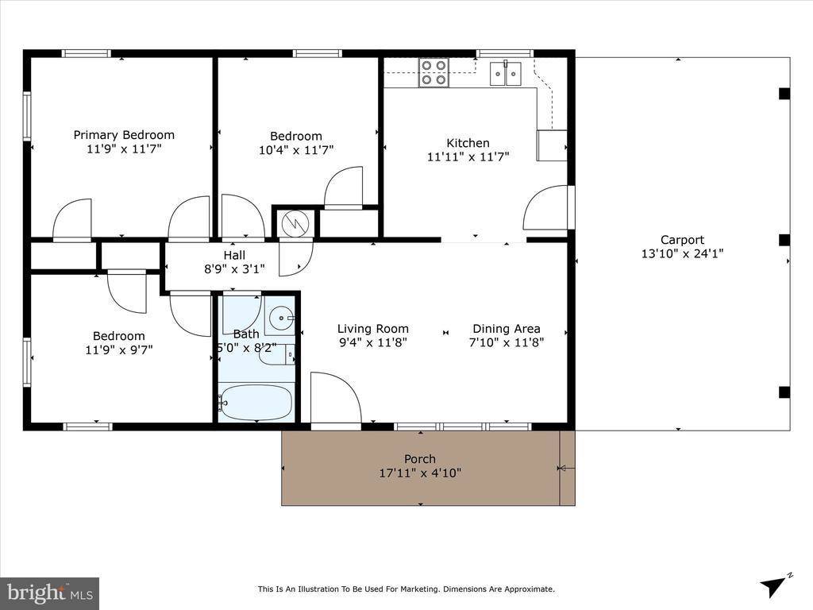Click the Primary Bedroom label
click(124, 135)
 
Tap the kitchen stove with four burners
click(434, 72)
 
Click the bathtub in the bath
click(256, 402)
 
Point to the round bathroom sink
click(279, 319)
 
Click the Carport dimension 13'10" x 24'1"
click(682, 254)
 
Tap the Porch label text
click(420, 459)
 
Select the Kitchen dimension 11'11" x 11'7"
click(468, 157)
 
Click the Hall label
click(234, 255)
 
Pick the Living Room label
click(372, 329)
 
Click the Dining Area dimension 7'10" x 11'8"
click(506, 343)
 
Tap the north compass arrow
click(775, 585)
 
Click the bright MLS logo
click(49, 593)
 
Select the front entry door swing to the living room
click(334, 399)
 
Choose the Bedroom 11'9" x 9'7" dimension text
click(118, 349)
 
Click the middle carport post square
click(784, 240)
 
